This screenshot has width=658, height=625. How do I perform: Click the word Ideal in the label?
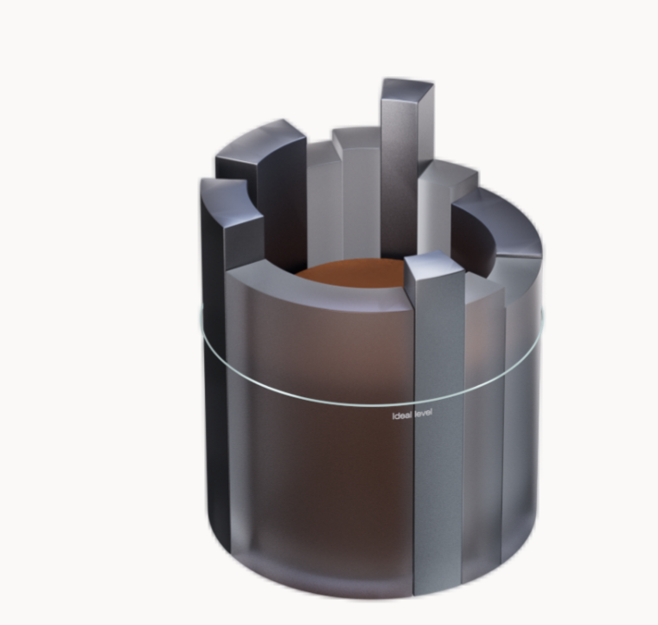[x=402, y=416]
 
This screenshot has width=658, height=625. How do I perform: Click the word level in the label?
[x=423, y=414]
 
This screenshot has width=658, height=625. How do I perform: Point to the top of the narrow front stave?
[x=435, y=266]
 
